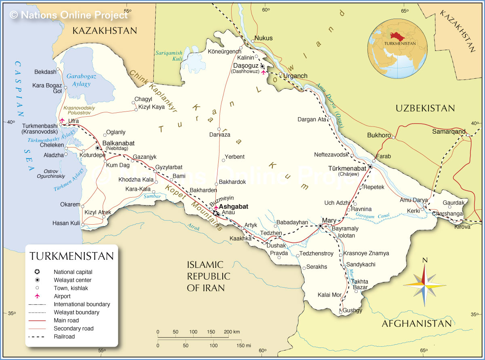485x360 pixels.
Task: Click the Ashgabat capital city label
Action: pyautogui.click(x=233, y=206)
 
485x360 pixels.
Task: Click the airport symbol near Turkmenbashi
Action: pyautogui.click(x=62, y=120)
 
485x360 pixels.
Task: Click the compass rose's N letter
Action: pyautogui.click(x=424, y=260)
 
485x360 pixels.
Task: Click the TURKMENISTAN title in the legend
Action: pyautogui.click(x=72, y=256)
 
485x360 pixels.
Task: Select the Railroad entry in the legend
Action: pyautogui.click(x=64, y=337)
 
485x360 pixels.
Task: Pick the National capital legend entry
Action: pyautogui.click(x=73, y=272)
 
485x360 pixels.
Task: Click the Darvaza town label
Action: pyautogui.click(x=219, y=135)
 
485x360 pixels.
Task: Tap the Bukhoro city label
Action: pyautogui.click(x=379, y=135)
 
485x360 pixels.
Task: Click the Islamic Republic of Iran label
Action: pyautogui.click(x=208, y=276)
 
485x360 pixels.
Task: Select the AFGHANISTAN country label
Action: pyautogui.click(x=416, y=324)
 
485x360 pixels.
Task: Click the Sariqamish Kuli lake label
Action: pyautogui.click(x=169, y=56)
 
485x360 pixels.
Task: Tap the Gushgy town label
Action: pyautogui.click(x=352, y=310)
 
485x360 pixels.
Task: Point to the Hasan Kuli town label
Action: pyautogui.click(x=66, y=223)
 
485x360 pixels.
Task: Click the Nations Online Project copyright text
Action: pyautogui.click(x=69, y=15)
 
